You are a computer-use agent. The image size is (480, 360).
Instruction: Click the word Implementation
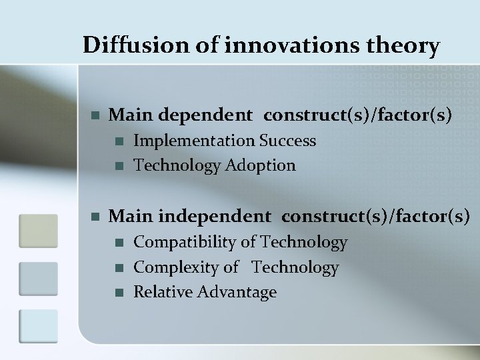(x=195, y=141)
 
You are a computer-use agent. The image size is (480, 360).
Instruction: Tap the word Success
(x=287, y=141)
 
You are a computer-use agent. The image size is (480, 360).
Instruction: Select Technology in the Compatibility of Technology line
(x=304, y=242)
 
